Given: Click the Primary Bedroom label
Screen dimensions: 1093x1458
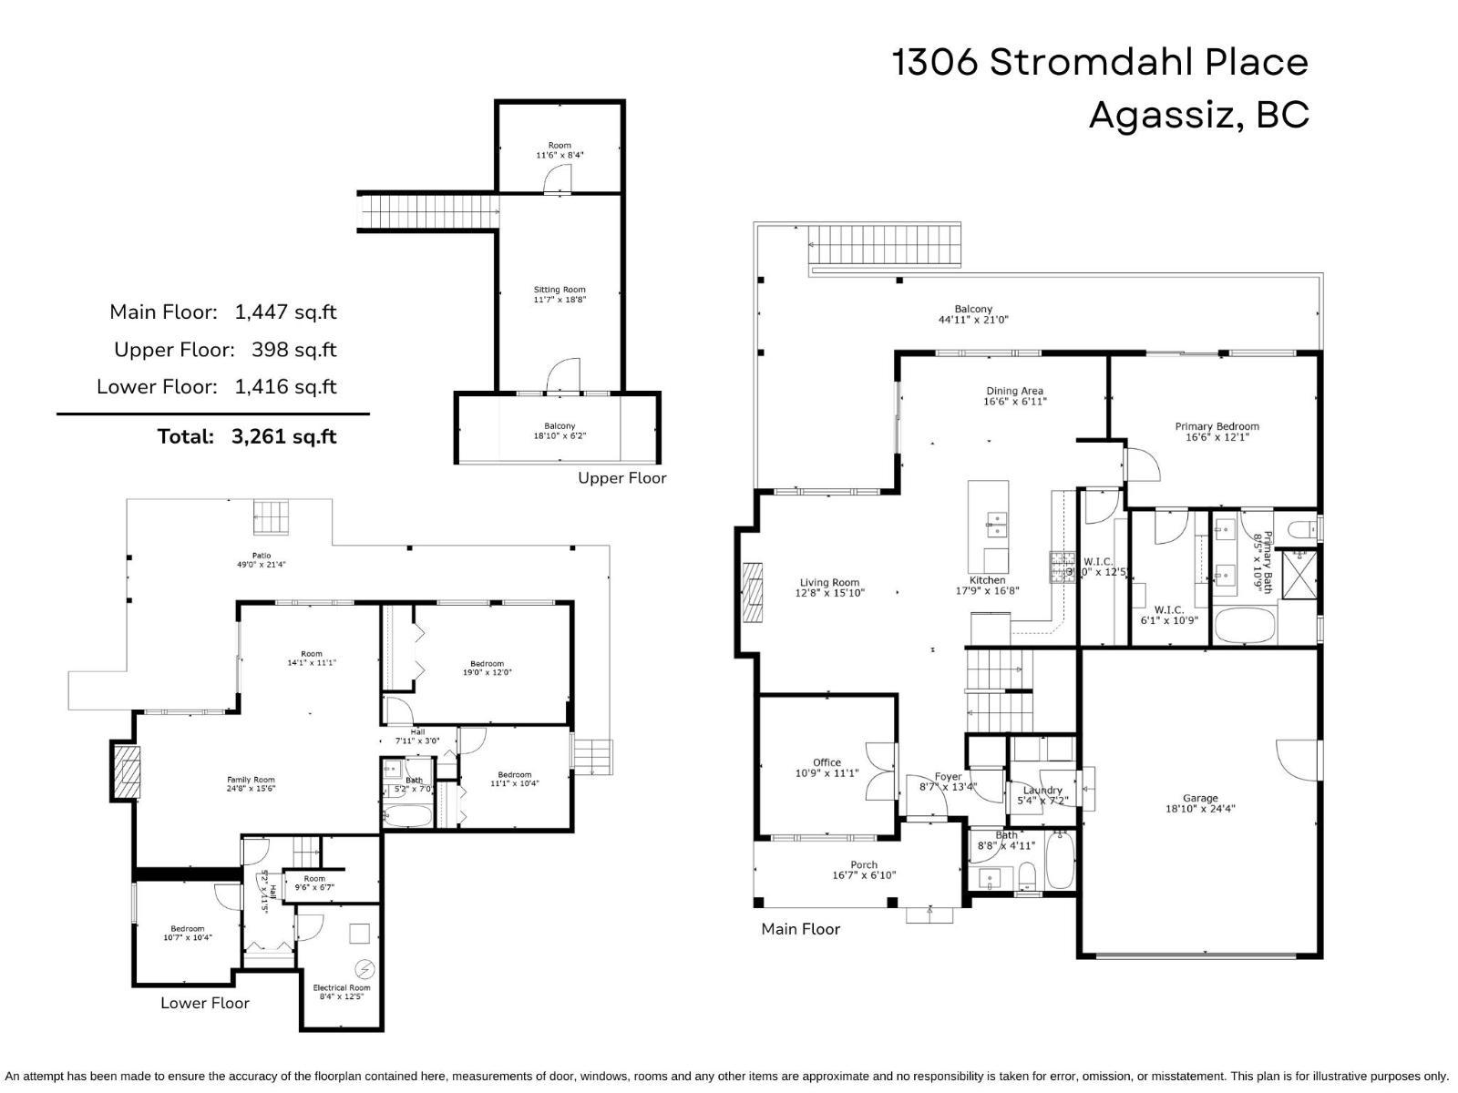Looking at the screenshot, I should tap(1217, 432).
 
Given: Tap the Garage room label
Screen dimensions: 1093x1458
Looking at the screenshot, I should tap(1200, 803).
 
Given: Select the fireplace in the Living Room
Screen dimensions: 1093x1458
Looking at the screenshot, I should tap(752, 592).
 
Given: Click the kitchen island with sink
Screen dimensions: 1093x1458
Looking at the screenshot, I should tap(988, 526).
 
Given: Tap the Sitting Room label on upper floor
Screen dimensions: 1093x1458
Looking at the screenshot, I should tap(560, 294).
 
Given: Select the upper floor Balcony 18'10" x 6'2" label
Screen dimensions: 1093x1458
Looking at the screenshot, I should tap(560, 431).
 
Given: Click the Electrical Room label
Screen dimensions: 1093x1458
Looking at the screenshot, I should tap(342, 992).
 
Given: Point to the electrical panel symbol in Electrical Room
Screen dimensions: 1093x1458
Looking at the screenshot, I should tap(365, 968).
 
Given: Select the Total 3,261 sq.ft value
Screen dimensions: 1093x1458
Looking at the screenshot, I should tap(283, 436).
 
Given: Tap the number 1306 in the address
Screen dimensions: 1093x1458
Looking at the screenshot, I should tap(935, 63).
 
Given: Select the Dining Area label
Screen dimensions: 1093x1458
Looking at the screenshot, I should tap(1014, 396).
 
